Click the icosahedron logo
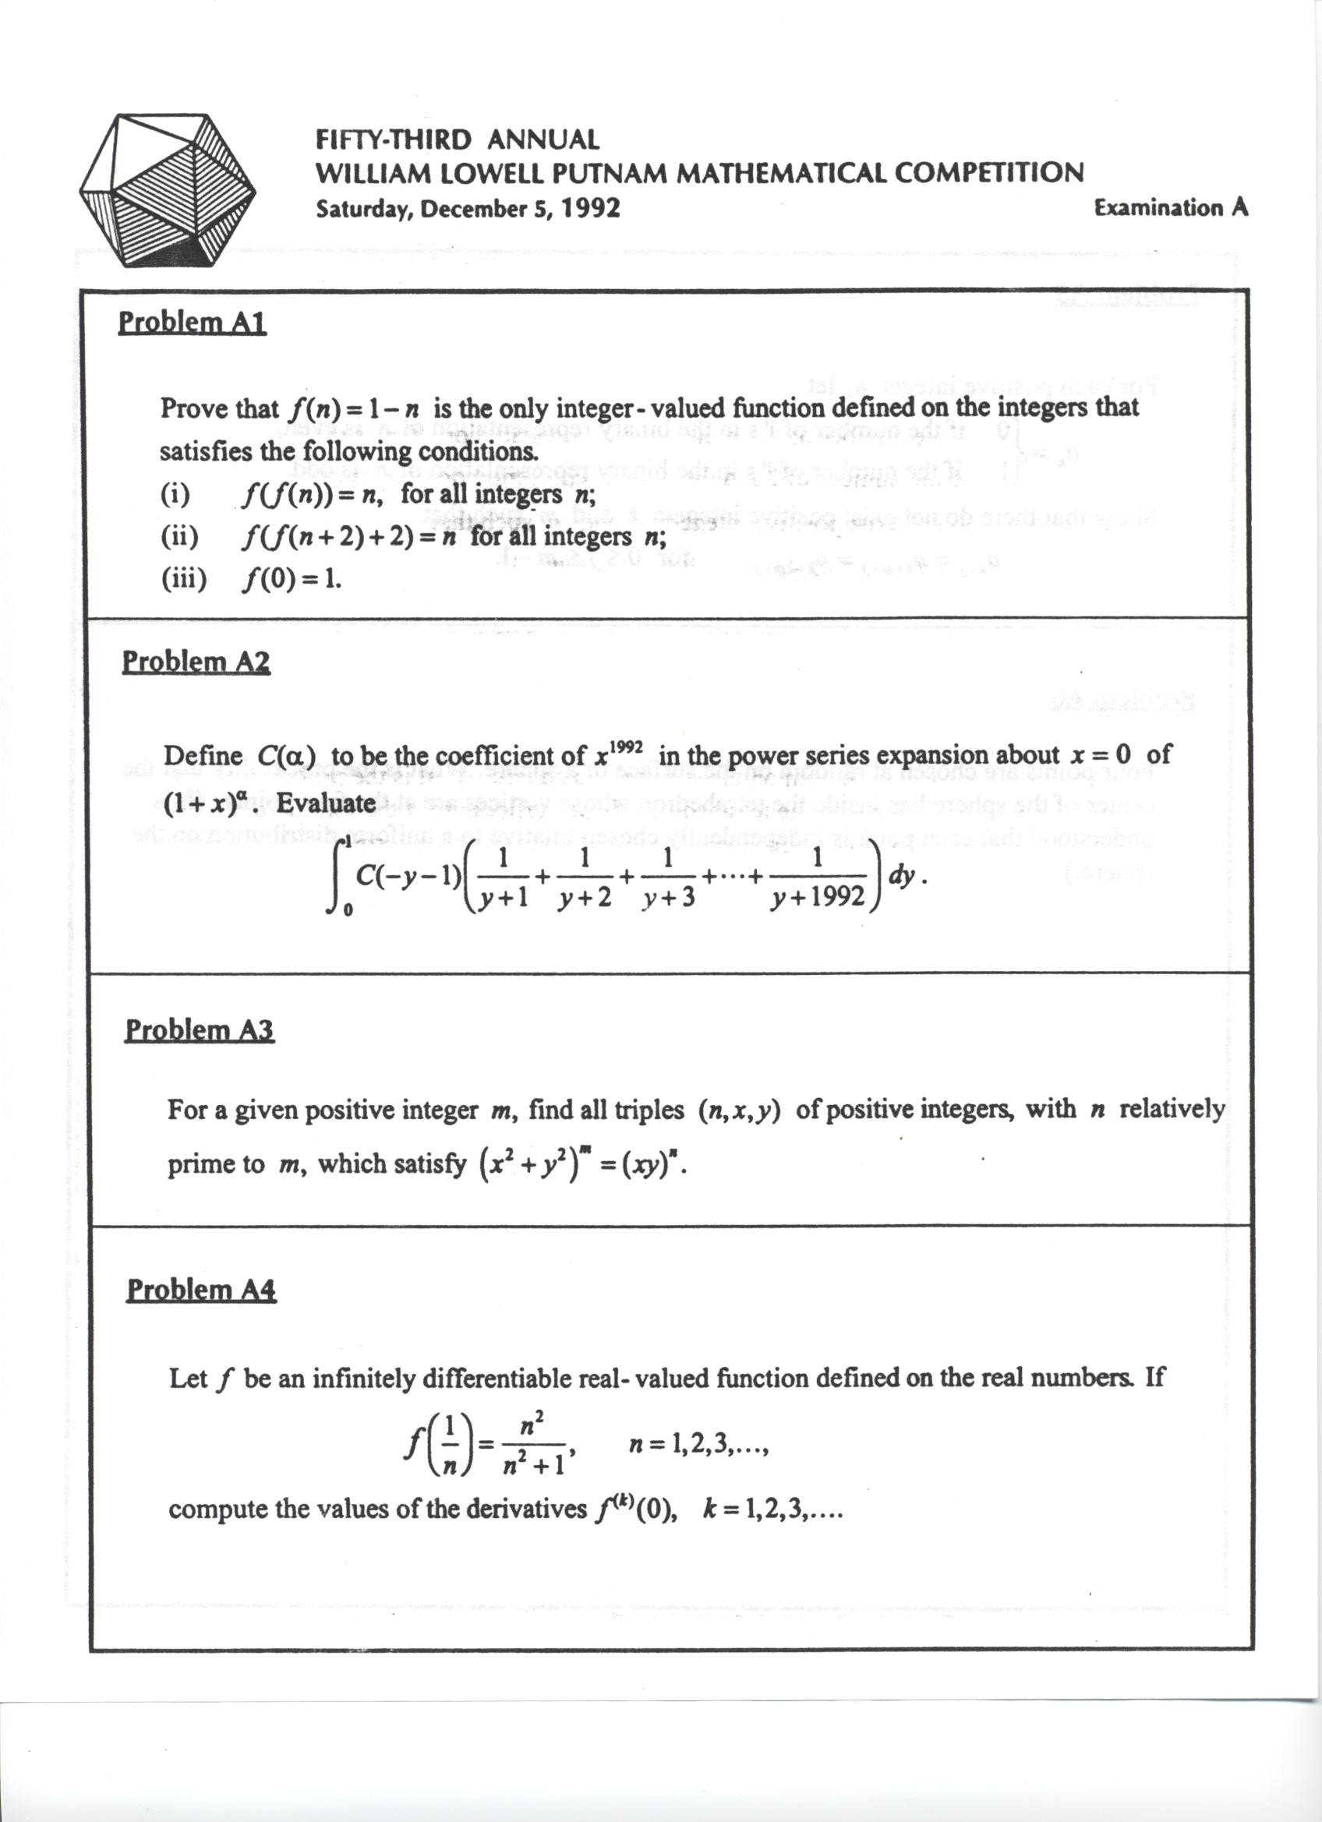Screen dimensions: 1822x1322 click(167, 191)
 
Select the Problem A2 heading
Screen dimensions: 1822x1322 click(196, 662)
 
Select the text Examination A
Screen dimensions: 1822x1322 click(1171, 207)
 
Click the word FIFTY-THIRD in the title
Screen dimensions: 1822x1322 click(393, 139)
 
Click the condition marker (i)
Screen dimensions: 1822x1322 click(175, 495)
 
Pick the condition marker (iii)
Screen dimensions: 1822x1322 click(183, 578)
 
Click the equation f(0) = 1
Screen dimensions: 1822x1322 click(291, 578)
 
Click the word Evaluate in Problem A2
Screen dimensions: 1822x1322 click(327, 803)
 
